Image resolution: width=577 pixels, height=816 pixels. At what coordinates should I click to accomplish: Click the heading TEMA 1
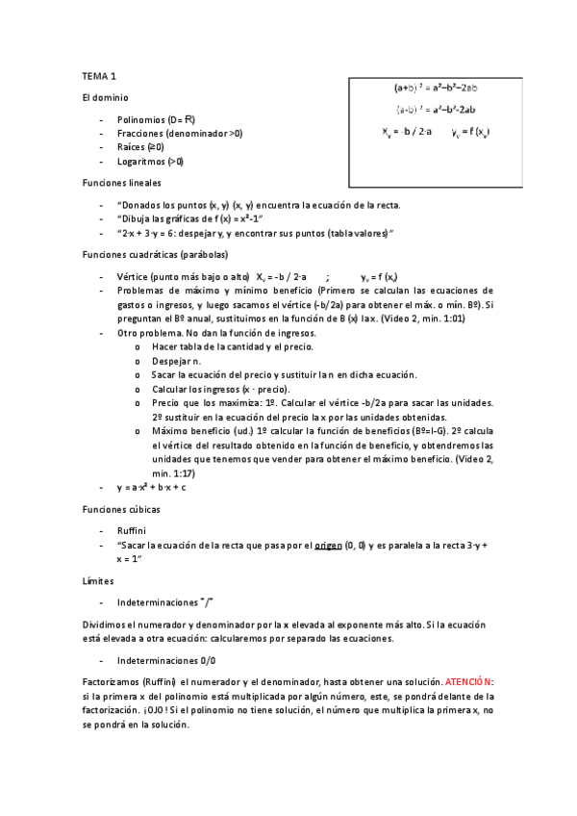point(99,75)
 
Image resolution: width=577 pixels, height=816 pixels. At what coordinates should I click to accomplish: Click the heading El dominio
point(105,97)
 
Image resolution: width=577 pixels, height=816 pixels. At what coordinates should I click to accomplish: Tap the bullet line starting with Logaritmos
point(150,161)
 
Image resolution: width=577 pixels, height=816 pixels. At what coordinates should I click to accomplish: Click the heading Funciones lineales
point(121,182)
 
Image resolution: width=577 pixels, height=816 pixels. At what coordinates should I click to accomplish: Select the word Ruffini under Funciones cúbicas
point(131,530)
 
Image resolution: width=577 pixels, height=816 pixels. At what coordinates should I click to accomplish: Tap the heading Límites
point(98,580)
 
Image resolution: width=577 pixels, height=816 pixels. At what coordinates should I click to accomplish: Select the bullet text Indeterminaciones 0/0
point(166,660)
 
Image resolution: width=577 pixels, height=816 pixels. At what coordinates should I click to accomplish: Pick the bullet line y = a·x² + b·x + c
point(151,487)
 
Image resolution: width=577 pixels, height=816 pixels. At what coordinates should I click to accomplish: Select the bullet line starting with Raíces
point(140,147)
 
